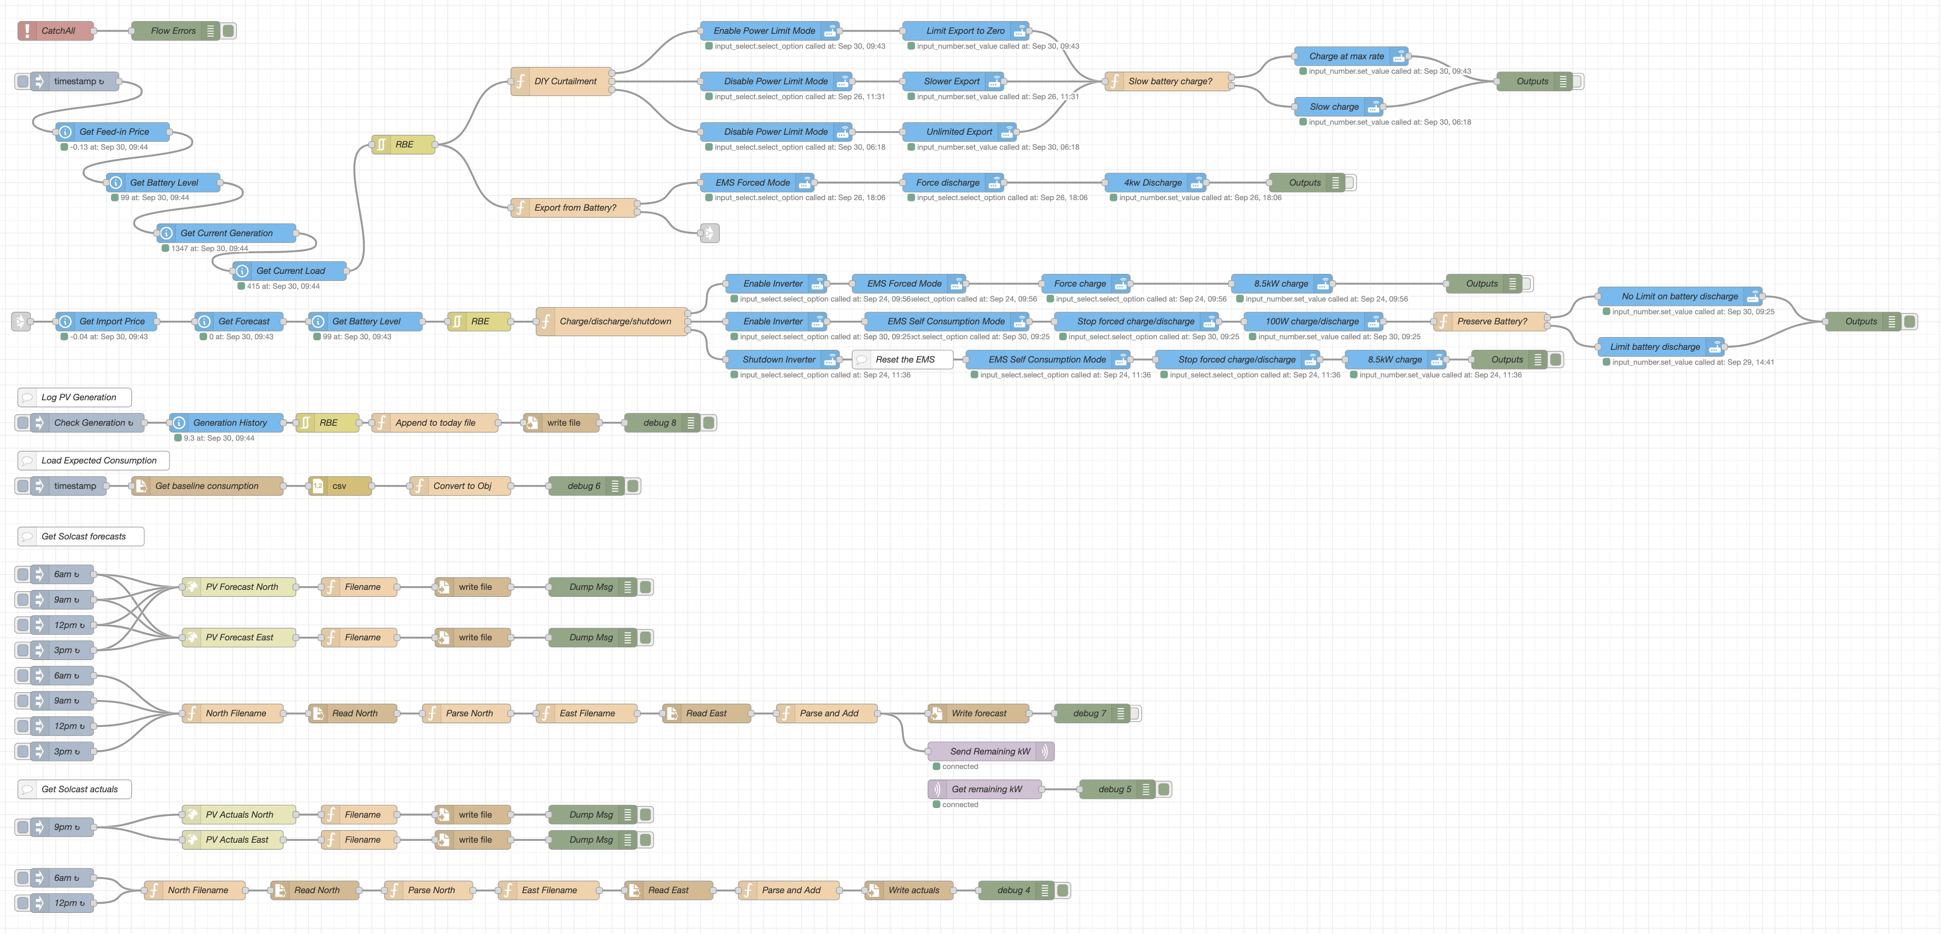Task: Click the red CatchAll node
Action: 57,31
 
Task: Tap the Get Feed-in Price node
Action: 114,132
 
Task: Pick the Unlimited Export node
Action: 959,132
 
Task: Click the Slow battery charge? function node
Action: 1169,81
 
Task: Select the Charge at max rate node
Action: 1346,57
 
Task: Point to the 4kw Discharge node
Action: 1152,182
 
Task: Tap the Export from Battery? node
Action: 574,208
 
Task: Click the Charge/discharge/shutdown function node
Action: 614,322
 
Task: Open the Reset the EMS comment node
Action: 904,359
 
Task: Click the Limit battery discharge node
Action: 1655,347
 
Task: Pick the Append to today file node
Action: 435,423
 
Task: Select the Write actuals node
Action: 913,890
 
